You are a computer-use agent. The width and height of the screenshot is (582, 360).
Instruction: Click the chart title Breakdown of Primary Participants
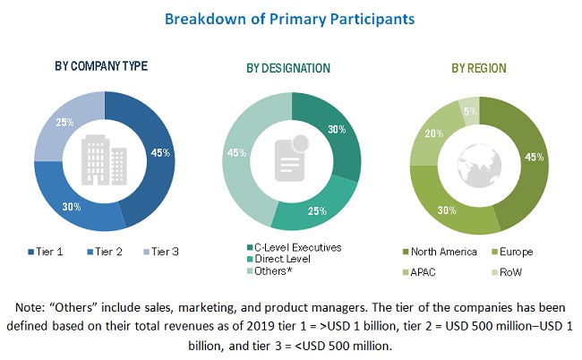(x=289, y=18)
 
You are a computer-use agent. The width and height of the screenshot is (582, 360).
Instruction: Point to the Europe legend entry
(x=516, y=252)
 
